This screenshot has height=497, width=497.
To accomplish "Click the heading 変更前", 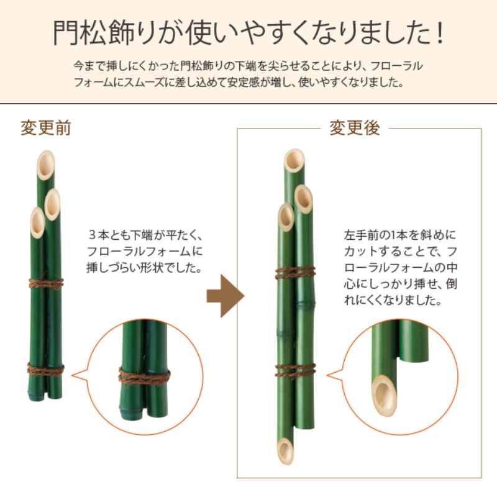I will point(45,127).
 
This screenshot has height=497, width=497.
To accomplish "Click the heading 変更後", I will point(354,128).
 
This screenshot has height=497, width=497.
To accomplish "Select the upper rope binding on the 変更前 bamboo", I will point(46,283).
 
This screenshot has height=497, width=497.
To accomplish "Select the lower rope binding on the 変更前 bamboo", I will point(46,368).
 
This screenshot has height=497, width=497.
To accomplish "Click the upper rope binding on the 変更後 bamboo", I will point(295,272).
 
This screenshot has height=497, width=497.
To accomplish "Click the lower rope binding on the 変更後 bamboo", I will point(295,370).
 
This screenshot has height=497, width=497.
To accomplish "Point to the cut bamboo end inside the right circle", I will point(384,392).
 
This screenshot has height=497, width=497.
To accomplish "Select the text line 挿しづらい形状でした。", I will point(146,268).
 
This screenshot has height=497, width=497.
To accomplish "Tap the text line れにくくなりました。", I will point(392,301).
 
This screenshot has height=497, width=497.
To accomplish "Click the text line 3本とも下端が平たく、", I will point(146,236).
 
